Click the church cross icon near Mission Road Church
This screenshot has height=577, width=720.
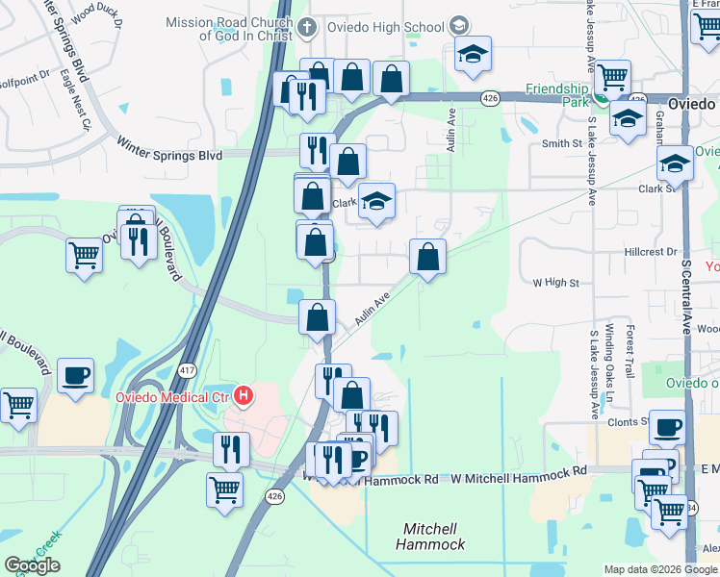point(306,28)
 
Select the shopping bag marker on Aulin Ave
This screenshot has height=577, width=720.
point(427,258)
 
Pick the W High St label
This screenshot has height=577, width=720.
point(556,283)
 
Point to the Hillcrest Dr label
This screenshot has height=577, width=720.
point(650,251)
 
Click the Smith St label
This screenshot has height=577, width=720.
point(562,143)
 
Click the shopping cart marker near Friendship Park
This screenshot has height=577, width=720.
point(611,77)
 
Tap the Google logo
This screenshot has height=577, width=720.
point(32,566)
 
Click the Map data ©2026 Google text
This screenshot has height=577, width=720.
point(660,569)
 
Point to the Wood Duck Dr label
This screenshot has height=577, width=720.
point(96,13)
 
